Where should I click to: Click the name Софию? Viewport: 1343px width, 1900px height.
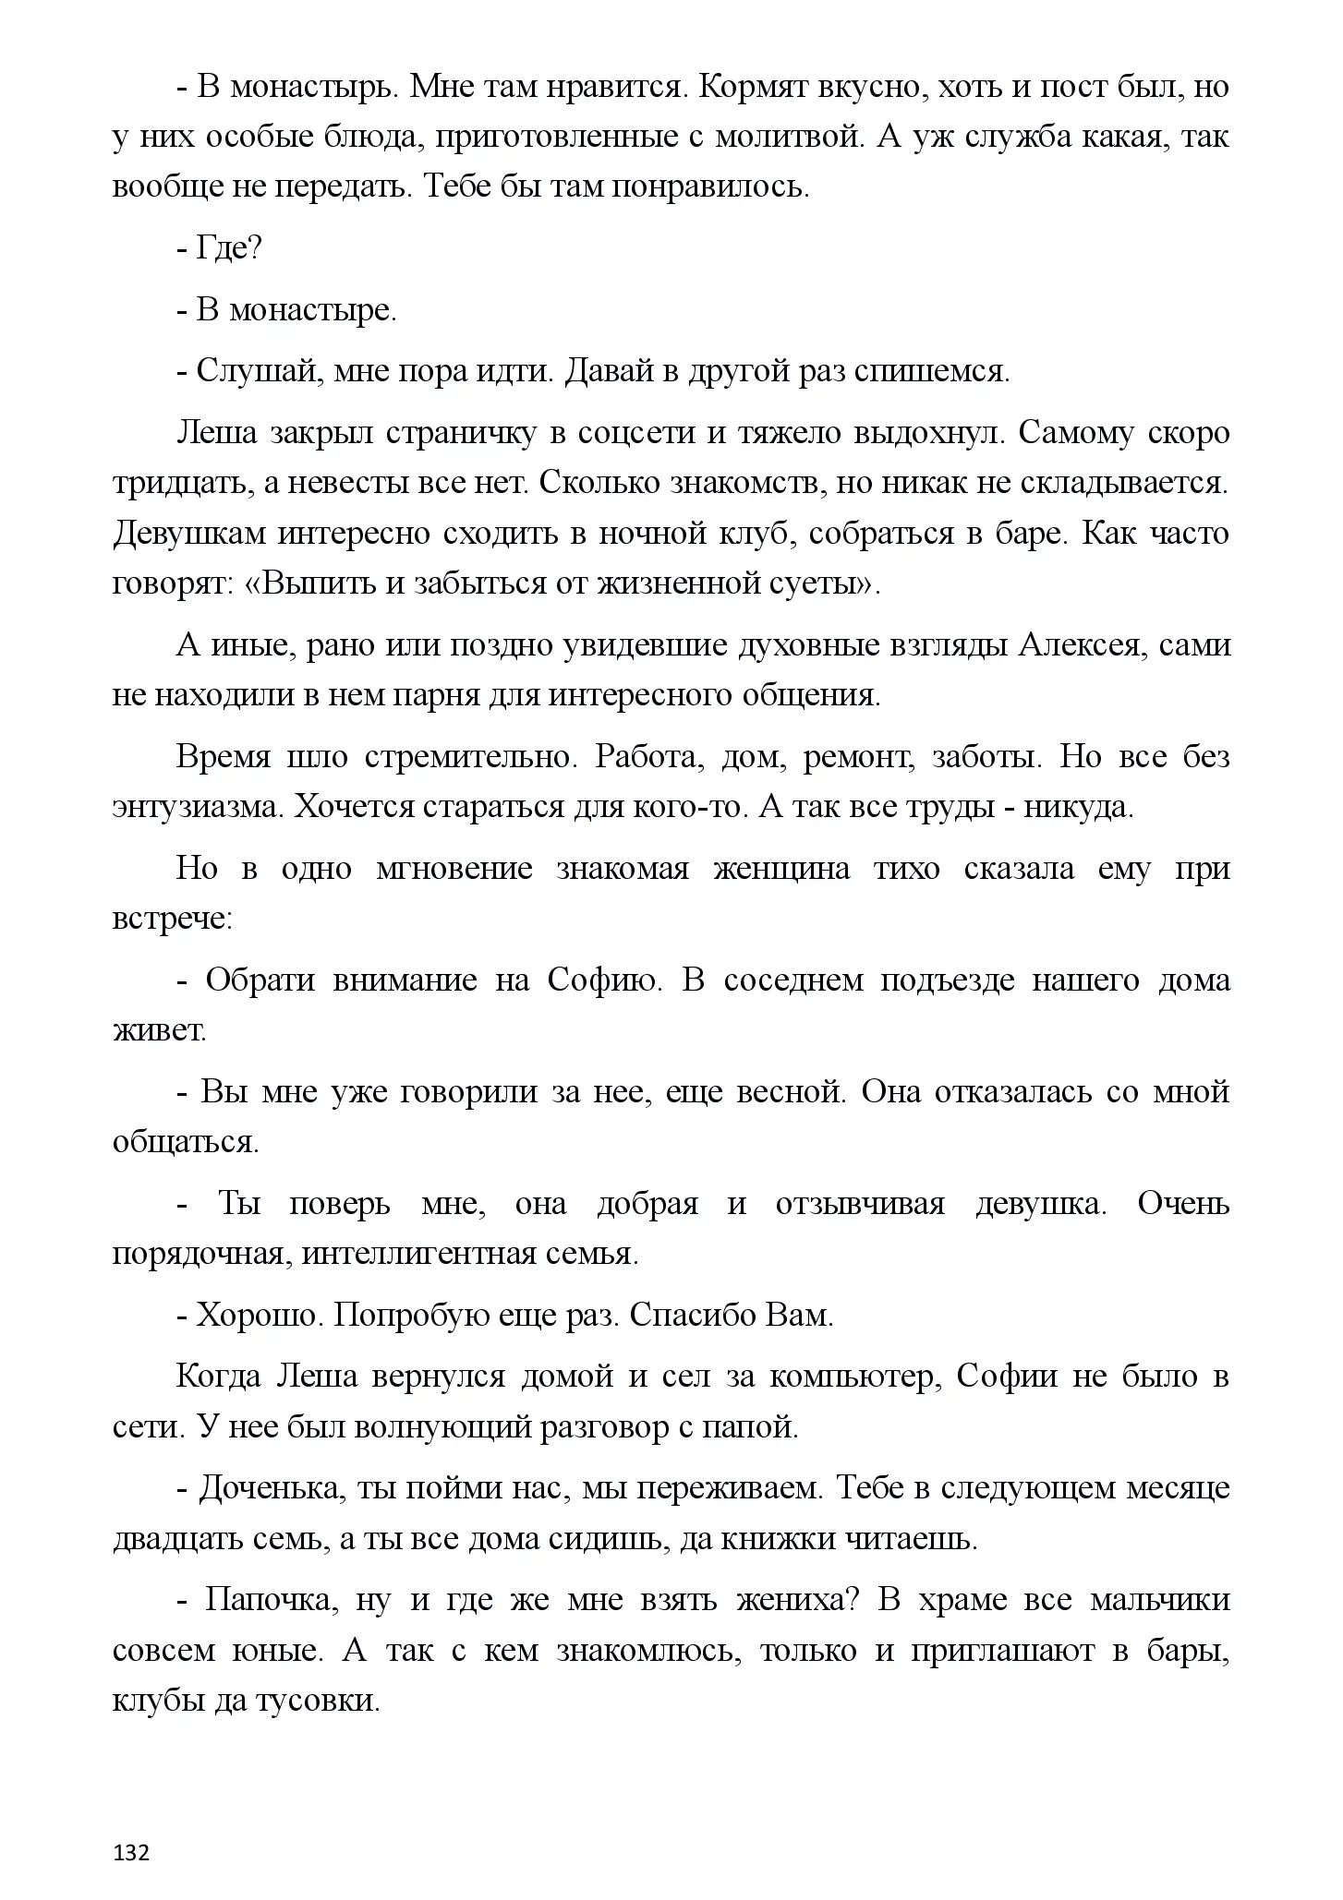coord(605,980)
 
